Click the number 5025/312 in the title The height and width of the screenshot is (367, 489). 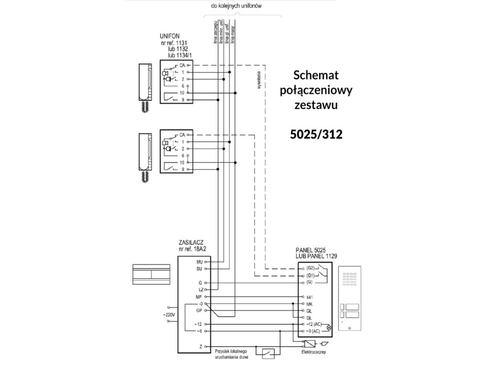(x=317, y=135)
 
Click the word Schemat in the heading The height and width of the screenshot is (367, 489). (x=316, y=75)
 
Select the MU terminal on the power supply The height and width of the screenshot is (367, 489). (x=200, y=262)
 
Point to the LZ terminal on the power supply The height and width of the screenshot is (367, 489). (x=201, y=290)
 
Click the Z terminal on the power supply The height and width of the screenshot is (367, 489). (x=202, y=345)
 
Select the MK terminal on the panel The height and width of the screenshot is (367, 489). (x=309, y=303)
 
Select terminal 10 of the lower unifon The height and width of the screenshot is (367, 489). (x=182, y=162)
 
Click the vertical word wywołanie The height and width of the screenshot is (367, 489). (x=259, y=80)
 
